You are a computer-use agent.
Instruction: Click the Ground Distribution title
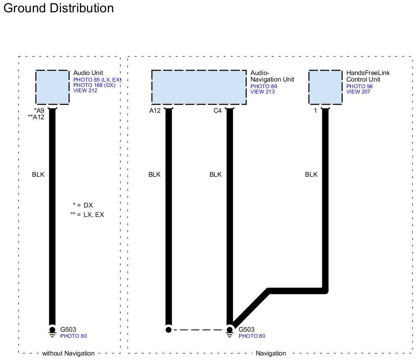point(58,8)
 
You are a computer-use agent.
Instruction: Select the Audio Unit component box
point(52,87)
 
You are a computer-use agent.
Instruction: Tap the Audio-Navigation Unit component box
point(198,87)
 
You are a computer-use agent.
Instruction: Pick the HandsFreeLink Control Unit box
point(325,87)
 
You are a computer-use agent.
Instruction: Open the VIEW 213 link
point(262,92)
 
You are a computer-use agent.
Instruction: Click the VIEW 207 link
point(358,92)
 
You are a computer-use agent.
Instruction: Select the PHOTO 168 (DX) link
point(94,85)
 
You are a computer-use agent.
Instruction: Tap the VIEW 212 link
point(85,90)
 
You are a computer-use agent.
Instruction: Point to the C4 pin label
point(218,111)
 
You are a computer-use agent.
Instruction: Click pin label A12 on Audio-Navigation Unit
point(155,111)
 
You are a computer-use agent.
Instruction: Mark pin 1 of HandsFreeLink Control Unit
point(315,111)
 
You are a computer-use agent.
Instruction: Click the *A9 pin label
point(39,111)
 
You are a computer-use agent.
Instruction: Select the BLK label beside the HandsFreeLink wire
point(311,175)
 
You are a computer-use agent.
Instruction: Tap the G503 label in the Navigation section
point(247,329)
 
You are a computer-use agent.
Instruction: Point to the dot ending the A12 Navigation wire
point(168,329)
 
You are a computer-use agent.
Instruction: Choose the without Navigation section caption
point(68,353)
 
